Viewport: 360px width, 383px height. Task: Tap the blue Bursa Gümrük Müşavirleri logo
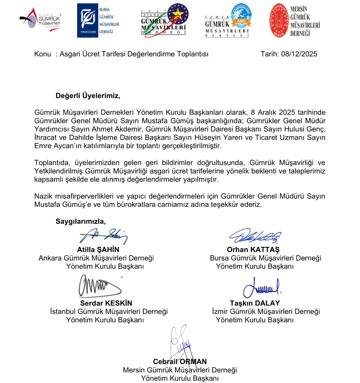point(95,20)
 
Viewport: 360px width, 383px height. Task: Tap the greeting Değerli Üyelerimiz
point(88,96)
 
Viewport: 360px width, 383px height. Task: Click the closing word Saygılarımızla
point(80,221)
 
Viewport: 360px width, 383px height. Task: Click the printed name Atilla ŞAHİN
point(98,250)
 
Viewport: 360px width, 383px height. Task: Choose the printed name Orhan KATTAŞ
point(253,250)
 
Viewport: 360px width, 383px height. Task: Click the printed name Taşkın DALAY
point(255,303)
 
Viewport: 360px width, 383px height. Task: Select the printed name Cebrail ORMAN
point(180,362)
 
